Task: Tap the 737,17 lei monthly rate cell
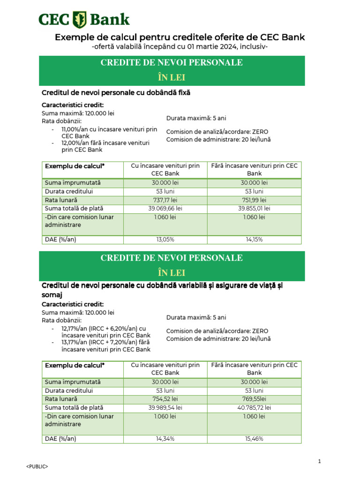(x=165, y=200)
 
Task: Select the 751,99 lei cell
(x=254, y=200)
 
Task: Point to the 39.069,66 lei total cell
(x=165, y=209)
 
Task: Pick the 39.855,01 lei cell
(x=254, y=209)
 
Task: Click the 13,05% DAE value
(x=165, y=240)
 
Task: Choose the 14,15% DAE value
(x=254, y=240)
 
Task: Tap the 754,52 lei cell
(x=165, y=399)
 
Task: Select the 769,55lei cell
(x=254, y=399)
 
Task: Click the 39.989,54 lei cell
(x=165, y=408)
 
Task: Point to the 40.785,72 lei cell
(x=254, y=408)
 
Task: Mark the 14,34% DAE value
(x=165, y=439)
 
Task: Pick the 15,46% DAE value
(x=254, y=439)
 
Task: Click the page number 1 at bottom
(x=319, y=462)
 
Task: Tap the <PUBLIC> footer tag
(x=37, y=467)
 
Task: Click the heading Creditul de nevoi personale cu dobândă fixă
(x=116, y=93)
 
